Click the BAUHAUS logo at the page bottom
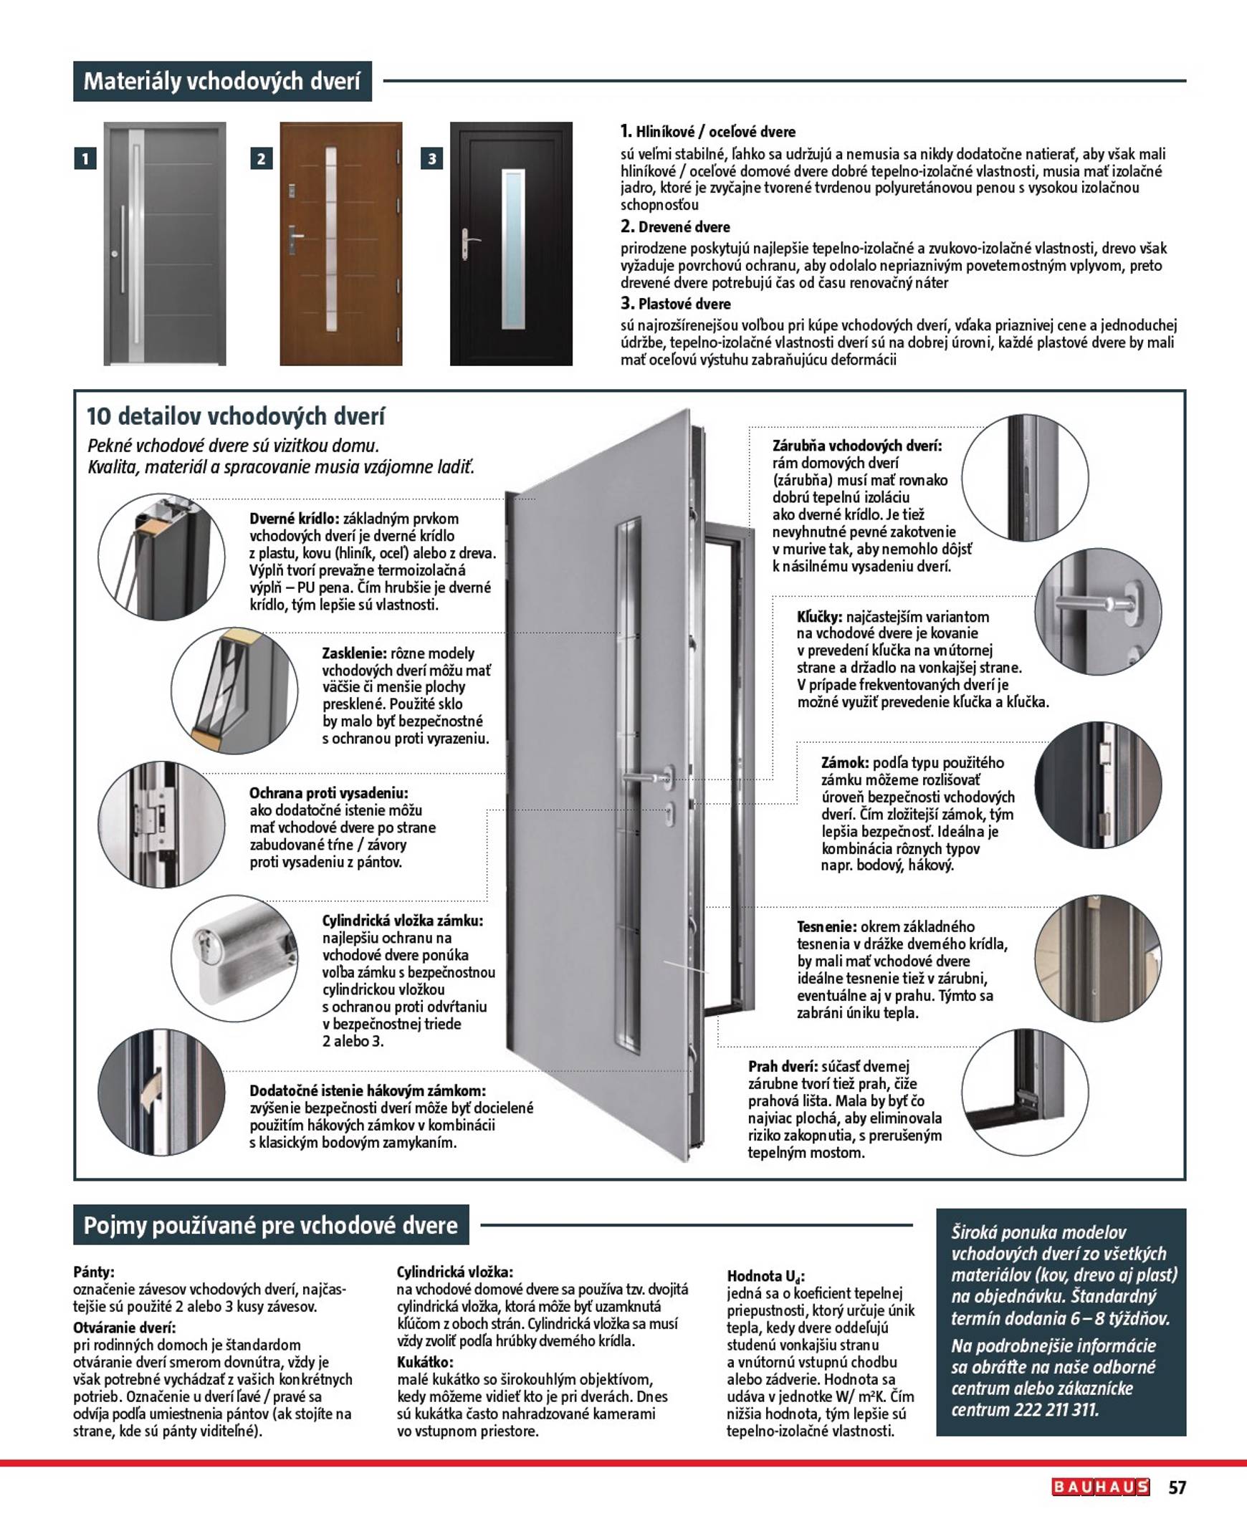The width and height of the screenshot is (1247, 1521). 1101,1487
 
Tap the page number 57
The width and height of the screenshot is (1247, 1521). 1177,1487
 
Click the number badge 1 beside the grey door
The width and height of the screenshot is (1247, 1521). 85,159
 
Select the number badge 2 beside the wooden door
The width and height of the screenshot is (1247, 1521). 262,159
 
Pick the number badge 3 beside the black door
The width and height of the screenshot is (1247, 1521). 431,159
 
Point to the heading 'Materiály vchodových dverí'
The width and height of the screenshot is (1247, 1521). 222,81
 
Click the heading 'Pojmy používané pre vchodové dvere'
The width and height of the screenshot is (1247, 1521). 271,1225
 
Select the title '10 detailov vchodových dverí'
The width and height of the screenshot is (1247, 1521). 236,416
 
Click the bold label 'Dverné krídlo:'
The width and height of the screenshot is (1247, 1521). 295,519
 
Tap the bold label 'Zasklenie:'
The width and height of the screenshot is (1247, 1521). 355,653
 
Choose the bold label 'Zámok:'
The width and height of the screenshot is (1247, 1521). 845,763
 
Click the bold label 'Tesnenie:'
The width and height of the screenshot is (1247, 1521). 827,927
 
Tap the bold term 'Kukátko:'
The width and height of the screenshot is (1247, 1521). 425,1362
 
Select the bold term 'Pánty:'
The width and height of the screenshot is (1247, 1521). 94,1272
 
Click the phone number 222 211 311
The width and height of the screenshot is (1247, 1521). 1056,1411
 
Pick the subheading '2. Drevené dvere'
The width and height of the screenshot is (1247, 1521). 675,227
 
